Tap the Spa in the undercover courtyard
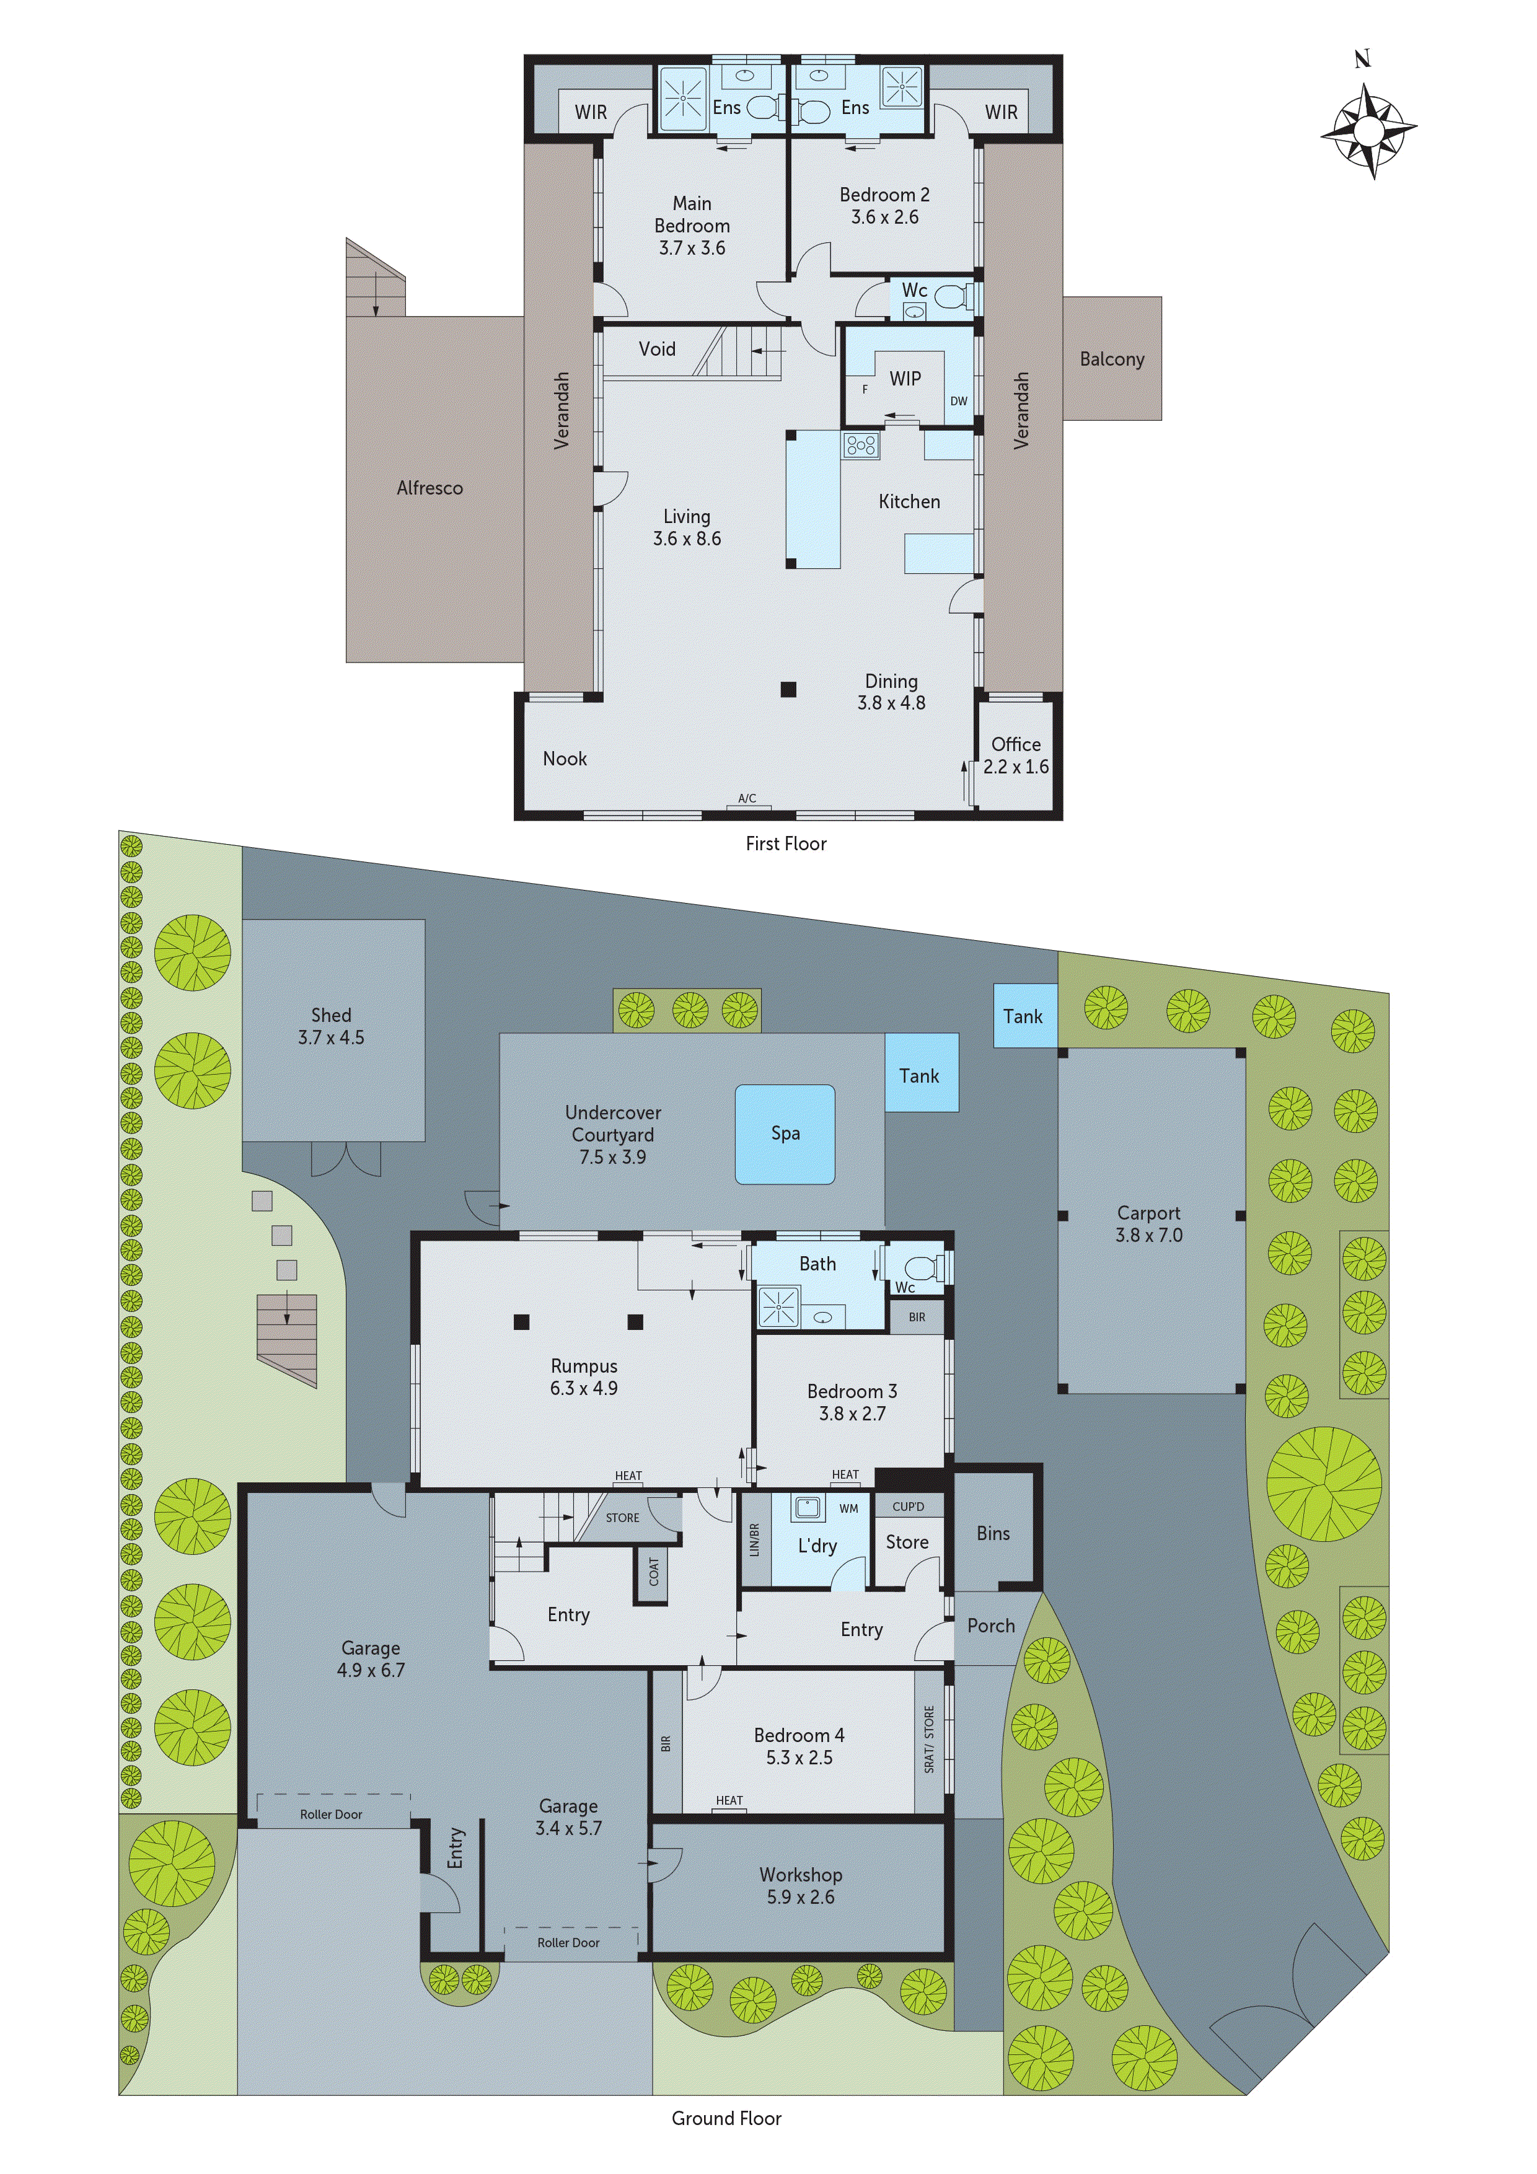click(785, 1133)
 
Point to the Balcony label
click(1112, 359)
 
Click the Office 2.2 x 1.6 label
click(1015, 755)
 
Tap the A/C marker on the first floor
click(747, 798)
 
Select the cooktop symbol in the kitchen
click(861, 445)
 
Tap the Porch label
click(990, 1626)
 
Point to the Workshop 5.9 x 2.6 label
click(800, 1885)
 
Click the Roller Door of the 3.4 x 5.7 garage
click(568, 1942)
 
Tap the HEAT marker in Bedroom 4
click(729, 1800)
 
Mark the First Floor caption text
click(785, 843)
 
